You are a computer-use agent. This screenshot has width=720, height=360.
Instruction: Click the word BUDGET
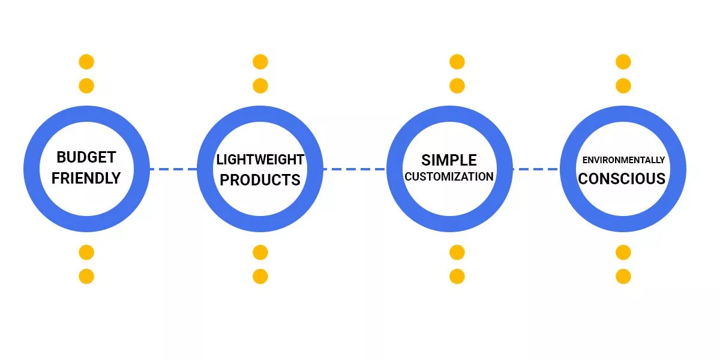coord(86,158)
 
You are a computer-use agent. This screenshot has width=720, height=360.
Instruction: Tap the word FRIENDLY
coord(86,178)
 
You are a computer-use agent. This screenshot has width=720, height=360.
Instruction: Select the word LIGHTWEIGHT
coord(260,160)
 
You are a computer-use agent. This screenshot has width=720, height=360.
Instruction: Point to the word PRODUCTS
coord(260,179)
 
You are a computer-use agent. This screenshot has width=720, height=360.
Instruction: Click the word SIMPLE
coord(449,160)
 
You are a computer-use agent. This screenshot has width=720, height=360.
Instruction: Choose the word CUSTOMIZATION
coord(449,177)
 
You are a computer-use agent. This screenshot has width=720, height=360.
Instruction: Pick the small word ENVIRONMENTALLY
coord(623,160)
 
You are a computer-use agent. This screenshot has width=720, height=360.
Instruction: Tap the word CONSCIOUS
coord(622,179)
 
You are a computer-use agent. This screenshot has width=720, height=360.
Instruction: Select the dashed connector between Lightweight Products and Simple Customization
coord(354,169)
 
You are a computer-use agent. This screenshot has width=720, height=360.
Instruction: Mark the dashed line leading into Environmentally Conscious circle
coord(535,169)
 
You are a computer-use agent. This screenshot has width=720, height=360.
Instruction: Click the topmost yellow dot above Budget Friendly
coord(86,62)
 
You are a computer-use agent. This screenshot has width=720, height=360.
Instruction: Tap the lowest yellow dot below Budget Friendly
coord(86,277)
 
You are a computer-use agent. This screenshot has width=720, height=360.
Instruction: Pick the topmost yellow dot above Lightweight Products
coord(260,62)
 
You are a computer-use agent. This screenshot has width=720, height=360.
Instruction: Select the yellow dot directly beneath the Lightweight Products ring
coord(260,253)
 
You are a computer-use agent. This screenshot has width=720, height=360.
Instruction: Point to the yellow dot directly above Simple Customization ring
coord(457,86)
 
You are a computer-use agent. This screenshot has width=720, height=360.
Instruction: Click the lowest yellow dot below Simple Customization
coord(457,277)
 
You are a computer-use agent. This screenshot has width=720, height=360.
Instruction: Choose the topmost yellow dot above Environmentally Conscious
coord(623,62)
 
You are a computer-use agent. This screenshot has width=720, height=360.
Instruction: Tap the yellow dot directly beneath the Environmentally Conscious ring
coord(623,253)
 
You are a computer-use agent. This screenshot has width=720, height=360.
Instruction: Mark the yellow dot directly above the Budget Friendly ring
coord(86,86)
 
